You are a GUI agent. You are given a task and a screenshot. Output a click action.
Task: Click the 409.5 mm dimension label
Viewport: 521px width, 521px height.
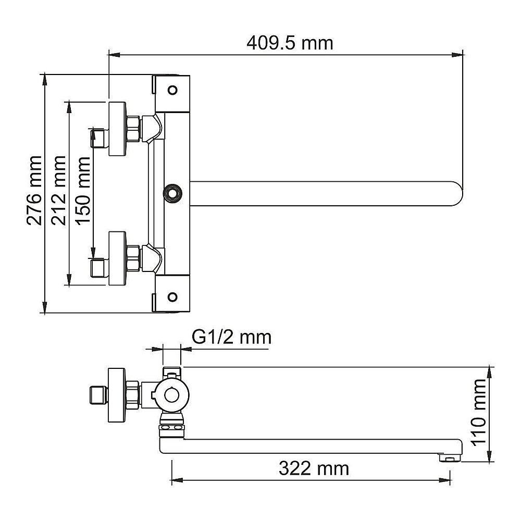tap(289, 43)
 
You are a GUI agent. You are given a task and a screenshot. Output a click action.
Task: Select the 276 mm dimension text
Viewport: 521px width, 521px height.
tap(35, 190)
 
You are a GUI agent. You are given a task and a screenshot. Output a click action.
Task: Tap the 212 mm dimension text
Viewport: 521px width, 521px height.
tap(59, 190)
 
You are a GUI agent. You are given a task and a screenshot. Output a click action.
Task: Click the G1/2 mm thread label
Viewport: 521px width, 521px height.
tap(231, 337)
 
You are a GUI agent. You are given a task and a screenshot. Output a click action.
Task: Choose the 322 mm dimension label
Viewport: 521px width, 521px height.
tap(313, 469)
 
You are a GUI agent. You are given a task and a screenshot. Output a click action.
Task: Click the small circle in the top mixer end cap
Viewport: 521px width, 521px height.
tap(172, 89)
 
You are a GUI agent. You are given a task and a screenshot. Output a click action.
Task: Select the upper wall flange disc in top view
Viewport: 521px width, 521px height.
tap(117, 128)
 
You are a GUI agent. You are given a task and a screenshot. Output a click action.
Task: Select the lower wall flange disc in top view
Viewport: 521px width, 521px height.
tap(117, 257)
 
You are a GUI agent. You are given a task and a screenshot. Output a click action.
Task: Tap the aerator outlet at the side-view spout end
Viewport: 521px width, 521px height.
tap(449, 458)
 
